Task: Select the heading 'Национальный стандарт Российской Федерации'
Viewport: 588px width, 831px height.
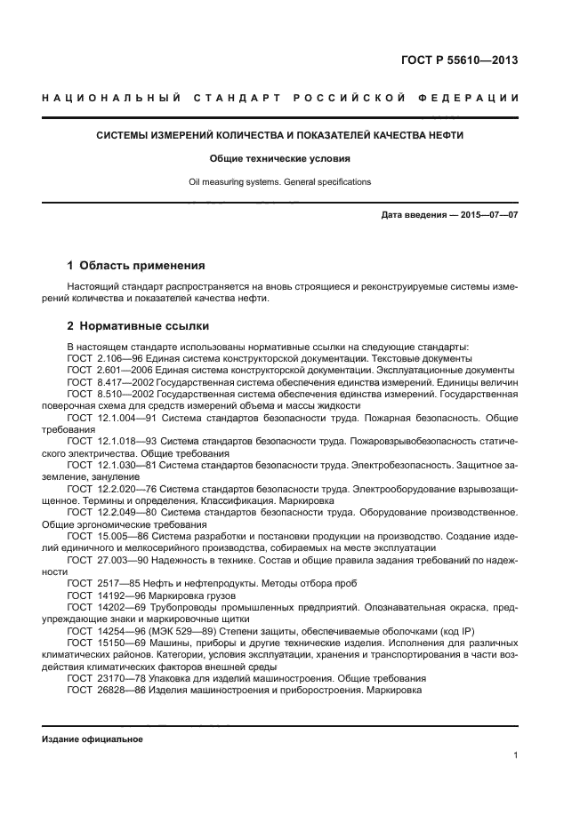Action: click(280, 97)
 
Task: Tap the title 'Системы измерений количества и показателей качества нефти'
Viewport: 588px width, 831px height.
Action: click(279, 136)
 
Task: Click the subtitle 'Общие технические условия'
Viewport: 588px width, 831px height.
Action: click(279, 159)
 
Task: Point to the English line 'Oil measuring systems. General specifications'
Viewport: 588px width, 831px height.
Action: click(279, 181)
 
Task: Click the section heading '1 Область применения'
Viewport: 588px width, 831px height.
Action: click(136, 265)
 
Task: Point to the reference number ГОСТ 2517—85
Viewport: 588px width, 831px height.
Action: click(101, 583)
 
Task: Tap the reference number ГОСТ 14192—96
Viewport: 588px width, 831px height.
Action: click(104, 595)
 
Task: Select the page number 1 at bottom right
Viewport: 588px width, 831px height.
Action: click(516, 755)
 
